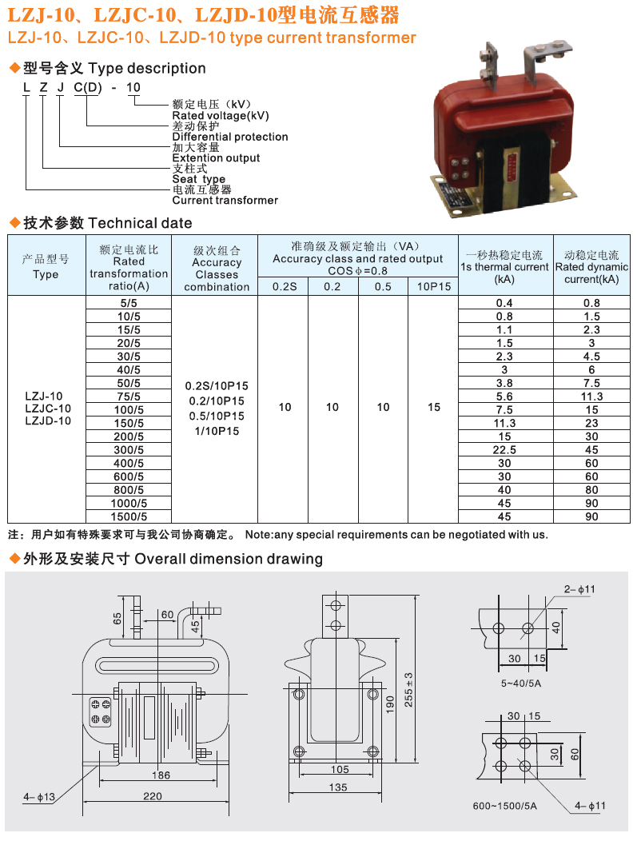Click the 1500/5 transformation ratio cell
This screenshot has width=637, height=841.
tap(129, 516)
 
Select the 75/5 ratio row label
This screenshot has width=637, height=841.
tap(129, 397)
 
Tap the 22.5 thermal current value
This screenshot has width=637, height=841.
tap(504, 450)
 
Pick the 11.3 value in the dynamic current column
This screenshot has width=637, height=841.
tap(591, 397)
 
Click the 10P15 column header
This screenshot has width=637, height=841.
tap(434, 286)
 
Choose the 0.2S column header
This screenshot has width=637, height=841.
tap(285, 286)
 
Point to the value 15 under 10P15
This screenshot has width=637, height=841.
tap(434, 407)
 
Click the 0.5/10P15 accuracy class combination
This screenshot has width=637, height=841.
tap(217, 417)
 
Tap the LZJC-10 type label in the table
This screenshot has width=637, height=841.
tap(48, 409)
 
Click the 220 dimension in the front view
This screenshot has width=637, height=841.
tap(153, 796)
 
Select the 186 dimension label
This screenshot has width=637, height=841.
tap(161, 775)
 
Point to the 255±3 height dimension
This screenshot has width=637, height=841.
tap(408, 690)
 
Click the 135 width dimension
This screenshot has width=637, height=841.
tap(338, 787)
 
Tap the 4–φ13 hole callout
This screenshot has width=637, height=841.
tap(39, 797)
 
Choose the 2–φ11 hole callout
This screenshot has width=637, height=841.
tap(579, 589)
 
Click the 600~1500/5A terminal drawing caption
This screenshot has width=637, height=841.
tap(504, 806)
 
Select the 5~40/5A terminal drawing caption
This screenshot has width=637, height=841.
tap(521, 684)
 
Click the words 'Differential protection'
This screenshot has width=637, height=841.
tap(230, 137)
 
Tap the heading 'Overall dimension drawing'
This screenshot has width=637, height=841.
tap(229, 559)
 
